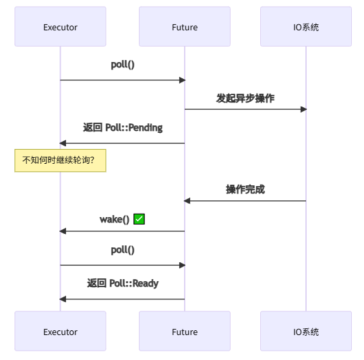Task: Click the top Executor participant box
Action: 60,27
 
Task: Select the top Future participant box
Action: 184,27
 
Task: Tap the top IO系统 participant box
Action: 305,27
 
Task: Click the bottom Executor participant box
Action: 60,332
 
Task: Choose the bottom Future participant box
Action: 184,332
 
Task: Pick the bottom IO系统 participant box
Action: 305,332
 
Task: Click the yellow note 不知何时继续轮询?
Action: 60,160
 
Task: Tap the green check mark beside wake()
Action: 140,219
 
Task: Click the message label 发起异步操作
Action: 245,98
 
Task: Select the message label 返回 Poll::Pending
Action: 123,127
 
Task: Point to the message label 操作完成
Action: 245,189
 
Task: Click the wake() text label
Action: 115,219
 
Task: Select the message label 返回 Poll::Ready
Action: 123,283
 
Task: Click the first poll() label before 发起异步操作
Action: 123,65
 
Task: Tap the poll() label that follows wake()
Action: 123,250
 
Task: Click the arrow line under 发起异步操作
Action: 245,109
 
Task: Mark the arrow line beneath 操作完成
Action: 245,201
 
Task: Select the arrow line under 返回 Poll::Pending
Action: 123,143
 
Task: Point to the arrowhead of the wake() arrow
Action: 63,231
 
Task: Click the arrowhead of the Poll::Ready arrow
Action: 63,299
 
